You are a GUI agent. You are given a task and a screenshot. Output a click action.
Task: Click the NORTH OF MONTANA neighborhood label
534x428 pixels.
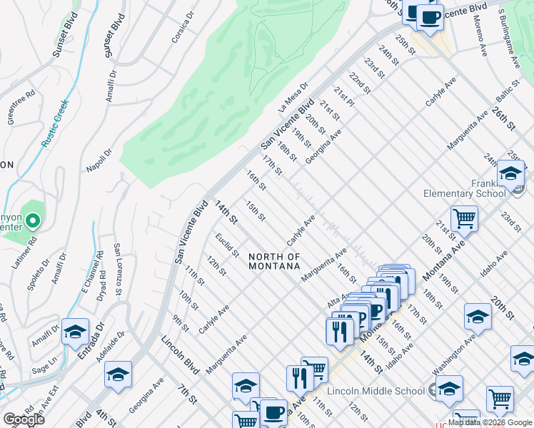click(x=274, y=261)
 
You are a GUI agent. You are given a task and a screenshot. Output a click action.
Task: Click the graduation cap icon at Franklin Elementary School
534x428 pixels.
click(x=510, y=174)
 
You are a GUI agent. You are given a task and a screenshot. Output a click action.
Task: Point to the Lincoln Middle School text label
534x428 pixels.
click(x=376, y=391)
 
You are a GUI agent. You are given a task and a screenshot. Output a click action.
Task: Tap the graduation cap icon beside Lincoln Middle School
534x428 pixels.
click(x=449, y=389)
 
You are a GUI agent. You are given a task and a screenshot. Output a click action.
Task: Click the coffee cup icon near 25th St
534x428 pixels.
click(x=430, y=16)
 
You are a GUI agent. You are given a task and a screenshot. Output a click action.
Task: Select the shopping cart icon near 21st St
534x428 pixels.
click(x=464, y=218)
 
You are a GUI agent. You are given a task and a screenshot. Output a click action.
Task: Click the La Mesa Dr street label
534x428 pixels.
click(x=293, y=96)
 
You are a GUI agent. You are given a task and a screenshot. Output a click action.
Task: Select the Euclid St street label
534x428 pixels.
click(x=228, y=246)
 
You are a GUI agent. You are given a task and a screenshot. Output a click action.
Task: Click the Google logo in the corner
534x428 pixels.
click(x=24, y=419)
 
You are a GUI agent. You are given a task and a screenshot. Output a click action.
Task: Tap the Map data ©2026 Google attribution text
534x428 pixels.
click(x=490, y=422)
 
